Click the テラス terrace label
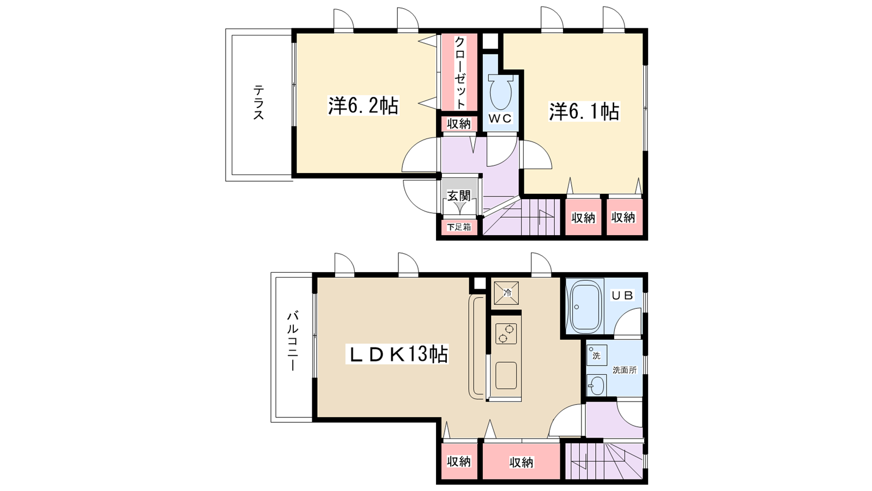(258, 103)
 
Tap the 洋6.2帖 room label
(363, 106)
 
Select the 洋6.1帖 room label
(584, 111)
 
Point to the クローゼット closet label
(460, 72)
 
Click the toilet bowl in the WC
(501, 92)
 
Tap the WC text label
(500, 118)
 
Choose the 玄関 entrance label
(459, 196)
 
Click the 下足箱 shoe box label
(459, 227)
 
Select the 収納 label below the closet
(459, 124)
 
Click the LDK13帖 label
(397, 354)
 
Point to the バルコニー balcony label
(293, 340)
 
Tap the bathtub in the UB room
(585, 308)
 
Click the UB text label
(623, 295)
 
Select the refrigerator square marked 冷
(506, 292)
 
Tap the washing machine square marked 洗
(597, 355)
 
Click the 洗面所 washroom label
(625, 370)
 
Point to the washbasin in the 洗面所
(596, 385)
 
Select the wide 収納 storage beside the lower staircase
(521, 462)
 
